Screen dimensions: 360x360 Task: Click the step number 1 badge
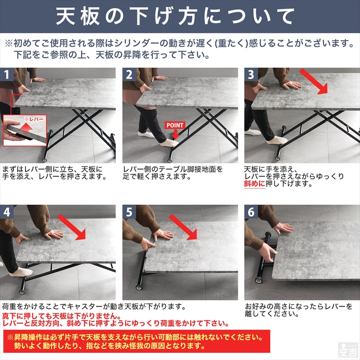click(6, 74)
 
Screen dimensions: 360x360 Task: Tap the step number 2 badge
click(129, 74)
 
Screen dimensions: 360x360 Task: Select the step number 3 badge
click(251, 74)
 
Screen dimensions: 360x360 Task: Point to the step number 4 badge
click(7, 212)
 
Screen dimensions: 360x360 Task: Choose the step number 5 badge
click(129, 212)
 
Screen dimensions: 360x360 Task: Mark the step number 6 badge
click(251, 212)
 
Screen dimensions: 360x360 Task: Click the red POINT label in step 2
click(175, 125)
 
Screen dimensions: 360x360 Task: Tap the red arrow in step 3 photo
click(314, 81)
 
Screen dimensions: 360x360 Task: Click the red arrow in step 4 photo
click(72, 227)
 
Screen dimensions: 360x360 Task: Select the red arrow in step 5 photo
click(183, 227)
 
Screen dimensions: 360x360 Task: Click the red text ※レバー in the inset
click(34, 119)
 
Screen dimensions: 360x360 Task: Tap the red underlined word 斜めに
click(254, 184)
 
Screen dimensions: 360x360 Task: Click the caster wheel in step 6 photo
click(259, 280)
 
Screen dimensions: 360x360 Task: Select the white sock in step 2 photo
click(169, 144)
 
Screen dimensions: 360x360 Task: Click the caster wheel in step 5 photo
click(139, 288)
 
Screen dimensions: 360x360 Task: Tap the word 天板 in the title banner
click(78, 16)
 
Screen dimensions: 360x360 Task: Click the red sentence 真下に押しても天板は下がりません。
click(62, 316)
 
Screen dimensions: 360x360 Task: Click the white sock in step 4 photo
click(21, 272)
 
